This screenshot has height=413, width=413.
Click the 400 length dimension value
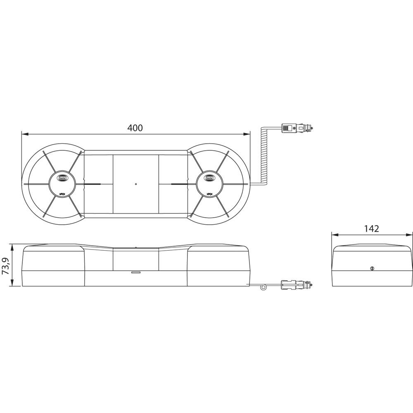[135, 128]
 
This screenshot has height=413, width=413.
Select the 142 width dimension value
[372, 229]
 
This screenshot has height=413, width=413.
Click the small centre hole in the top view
[135, 184]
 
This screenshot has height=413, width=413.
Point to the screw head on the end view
[372, 269]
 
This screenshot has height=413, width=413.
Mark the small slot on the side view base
[135, 273]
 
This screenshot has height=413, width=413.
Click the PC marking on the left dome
[62, 193]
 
